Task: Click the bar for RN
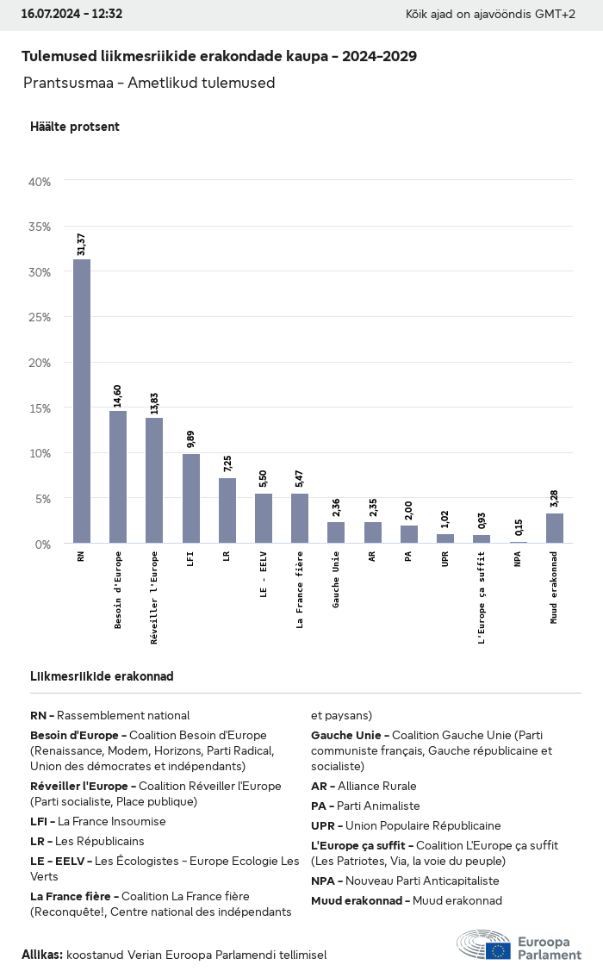click(82, 401)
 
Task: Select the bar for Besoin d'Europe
click(118, 476)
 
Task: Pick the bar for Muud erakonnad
click(555, 528)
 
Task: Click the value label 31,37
click(82, 244)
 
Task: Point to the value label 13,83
click(154, 403)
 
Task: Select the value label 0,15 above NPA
click(519, 527)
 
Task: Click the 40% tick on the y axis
click(40, 182)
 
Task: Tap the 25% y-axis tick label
click(40, 318)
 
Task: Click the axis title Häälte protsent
click(74, 127)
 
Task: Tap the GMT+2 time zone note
click(561, 14)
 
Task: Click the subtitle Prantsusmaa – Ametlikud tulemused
click(149, 84)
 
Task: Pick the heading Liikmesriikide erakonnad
click(102, 676)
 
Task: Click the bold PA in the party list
click(319, 806)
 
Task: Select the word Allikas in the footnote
click(41, 955)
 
